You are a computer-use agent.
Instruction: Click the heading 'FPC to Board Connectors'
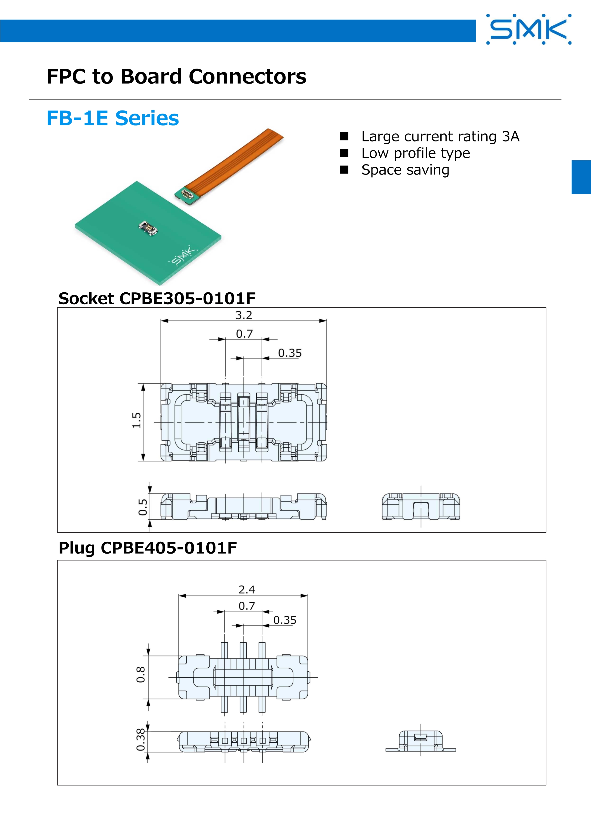[177, 76]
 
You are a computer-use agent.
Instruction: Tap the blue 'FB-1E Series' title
[113, 118]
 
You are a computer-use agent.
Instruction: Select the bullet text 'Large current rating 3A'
[440, 136]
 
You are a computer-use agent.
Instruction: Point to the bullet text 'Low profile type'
[416, 153]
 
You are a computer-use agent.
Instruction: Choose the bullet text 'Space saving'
[405, 170]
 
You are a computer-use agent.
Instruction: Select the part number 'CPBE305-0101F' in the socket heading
[187, 299]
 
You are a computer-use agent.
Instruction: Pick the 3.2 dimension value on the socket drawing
[244, 315]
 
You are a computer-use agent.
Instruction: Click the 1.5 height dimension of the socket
[137, 420]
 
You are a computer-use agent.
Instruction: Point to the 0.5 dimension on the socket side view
[143, 507]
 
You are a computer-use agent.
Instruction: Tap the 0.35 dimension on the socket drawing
[290, 353]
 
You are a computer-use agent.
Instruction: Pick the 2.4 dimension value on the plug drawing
[247, 590]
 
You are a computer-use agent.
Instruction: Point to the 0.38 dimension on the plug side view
[140, 740]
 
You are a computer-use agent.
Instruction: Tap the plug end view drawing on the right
[421, 741]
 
